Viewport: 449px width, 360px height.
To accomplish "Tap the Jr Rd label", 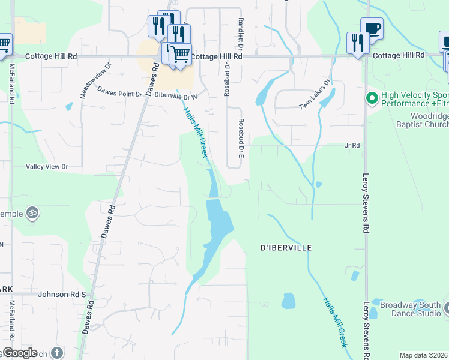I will tap(352, 145).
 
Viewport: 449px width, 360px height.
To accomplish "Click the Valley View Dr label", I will tap(47, 166).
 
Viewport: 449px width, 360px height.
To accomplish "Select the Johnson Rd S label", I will tap(62, 295).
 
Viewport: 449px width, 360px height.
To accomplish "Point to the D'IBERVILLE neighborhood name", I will tap(286, 247).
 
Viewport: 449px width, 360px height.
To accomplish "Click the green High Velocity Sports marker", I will tap(372, 97).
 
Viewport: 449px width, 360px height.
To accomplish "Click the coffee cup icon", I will tap(372, 28).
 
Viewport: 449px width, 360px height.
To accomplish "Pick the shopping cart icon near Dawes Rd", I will tap(179, 54).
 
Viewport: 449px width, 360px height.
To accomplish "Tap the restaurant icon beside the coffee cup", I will tap(357, 43).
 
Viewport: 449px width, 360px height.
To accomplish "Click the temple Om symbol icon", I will tap(32, 213).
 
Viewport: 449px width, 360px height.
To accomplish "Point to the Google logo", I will tap(19, 353).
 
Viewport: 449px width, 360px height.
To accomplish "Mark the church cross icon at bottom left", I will tap(57, 353).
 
